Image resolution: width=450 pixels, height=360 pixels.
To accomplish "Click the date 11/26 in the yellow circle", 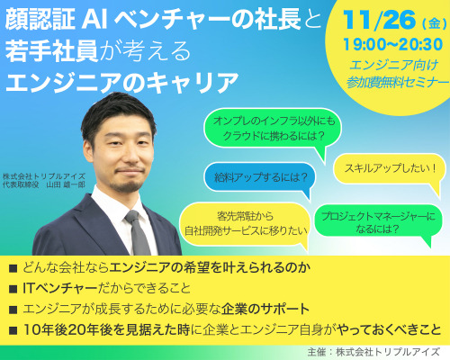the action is [380, 20].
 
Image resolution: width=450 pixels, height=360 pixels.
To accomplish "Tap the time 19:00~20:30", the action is [393, 44].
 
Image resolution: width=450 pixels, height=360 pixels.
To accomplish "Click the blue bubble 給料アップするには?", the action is [260, 177].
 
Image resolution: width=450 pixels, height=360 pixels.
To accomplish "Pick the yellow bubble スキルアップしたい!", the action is [390, 168].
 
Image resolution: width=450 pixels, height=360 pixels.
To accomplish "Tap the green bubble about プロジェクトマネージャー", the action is [378, 222].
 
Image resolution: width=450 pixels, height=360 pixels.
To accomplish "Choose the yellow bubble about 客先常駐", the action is [245, 224].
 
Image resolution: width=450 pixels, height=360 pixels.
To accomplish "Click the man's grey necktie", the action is [138, 233].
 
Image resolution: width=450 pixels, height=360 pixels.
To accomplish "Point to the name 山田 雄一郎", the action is [66, 184].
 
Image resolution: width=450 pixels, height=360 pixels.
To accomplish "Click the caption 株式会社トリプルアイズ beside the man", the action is [44, 176].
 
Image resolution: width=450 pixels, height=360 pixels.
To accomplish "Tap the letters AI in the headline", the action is [94, 20].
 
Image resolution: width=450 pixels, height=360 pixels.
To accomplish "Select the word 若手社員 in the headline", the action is [52, 51].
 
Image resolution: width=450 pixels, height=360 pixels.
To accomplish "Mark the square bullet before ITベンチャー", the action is [13, 289].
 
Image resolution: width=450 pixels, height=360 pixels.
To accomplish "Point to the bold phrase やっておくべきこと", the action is [389, 330].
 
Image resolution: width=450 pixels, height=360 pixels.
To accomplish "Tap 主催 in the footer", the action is [316, 352].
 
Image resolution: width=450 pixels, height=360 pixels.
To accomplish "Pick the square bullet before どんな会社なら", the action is [13, 268].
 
